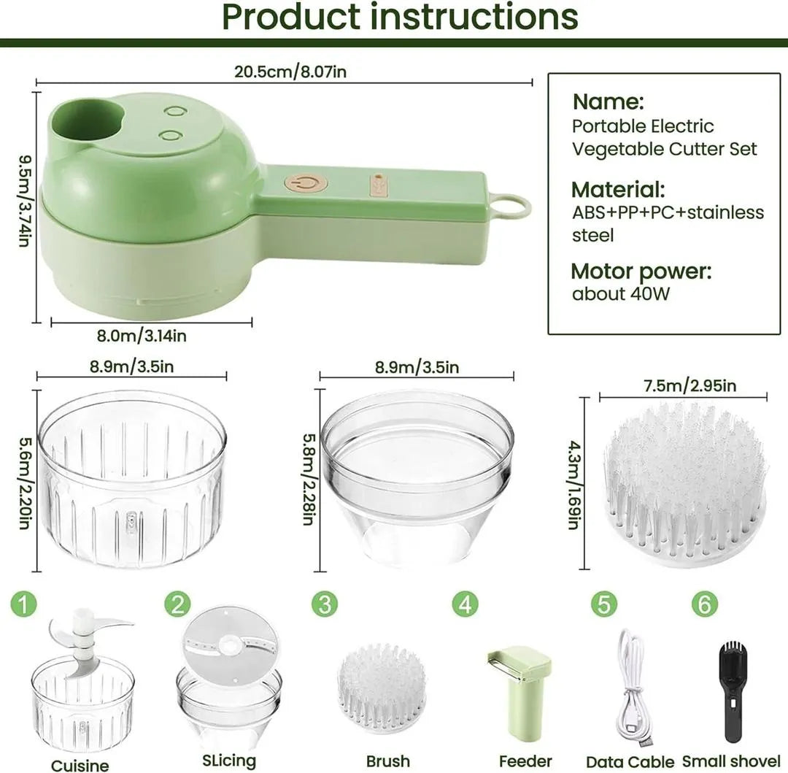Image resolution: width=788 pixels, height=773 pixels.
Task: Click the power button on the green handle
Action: pos(306,183)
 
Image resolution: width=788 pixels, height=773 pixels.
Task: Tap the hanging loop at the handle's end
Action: pos(510,207)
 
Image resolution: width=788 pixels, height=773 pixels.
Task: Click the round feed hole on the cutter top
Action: pos(87,121)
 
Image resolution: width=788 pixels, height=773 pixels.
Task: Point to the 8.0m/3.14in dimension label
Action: pos(142,336)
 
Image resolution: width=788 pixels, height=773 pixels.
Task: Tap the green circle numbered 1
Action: pos(23,604)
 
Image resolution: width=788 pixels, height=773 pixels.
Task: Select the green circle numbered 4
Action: pos(465,604)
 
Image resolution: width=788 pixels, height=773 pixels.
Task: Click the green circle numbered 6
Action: pos(704,604)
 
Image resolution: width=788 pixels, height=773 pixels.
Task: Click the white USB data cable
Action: pos(631,686)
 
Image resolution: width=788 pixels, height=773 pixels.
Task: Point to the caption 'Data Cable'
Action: pos(630,762)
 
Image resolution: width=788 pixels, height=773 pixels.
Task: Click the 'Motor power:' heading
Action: pos(641,272)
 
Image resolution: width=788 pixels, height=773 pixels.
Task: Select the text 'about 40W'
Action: pos(620,294)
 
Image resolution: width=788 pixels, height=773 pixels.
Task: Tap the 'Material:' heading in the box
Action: pos(618,190)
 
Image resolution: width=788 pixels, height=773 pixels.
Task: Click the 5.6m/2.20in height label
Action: pos(24,478)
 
